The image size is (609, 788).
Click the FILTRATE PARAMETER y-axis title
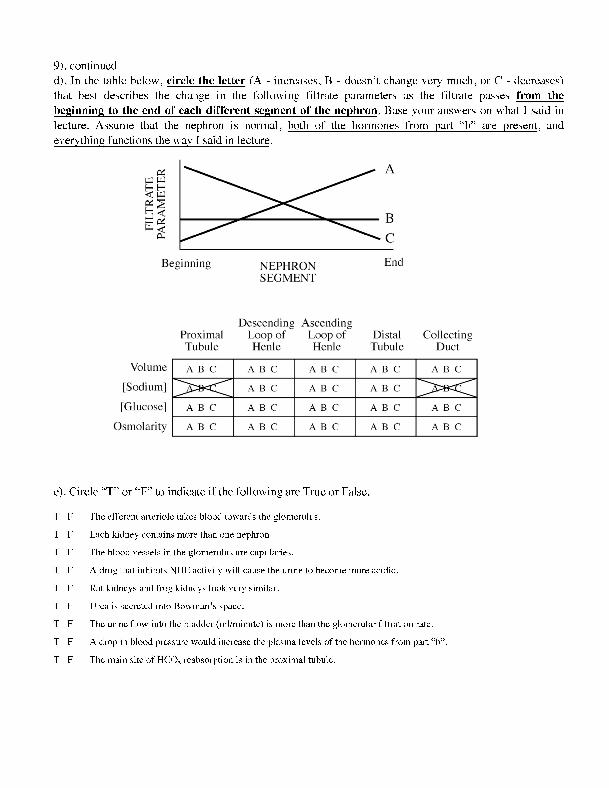[156, 204]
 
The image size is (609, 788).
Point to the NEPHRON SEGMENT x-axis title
[288, 272]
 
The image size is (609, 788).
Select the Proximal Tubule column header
[202, 341]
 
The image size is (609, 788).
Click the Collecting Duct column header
[447, 341]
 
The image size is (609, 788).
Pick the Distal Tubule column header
[387, 341]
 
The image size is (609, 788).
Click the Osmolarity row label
[140, 426]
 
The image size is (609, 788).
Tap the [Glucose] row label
[144, 407]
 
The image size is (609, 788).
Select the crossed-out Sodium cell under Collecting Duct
[447, 388]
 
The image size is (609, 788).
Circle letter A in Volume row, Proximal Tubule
[190, 369]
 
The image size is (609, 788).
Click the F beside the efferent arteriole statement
[70, 517]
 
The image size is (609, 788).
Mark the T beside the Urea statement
[56, 606]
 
